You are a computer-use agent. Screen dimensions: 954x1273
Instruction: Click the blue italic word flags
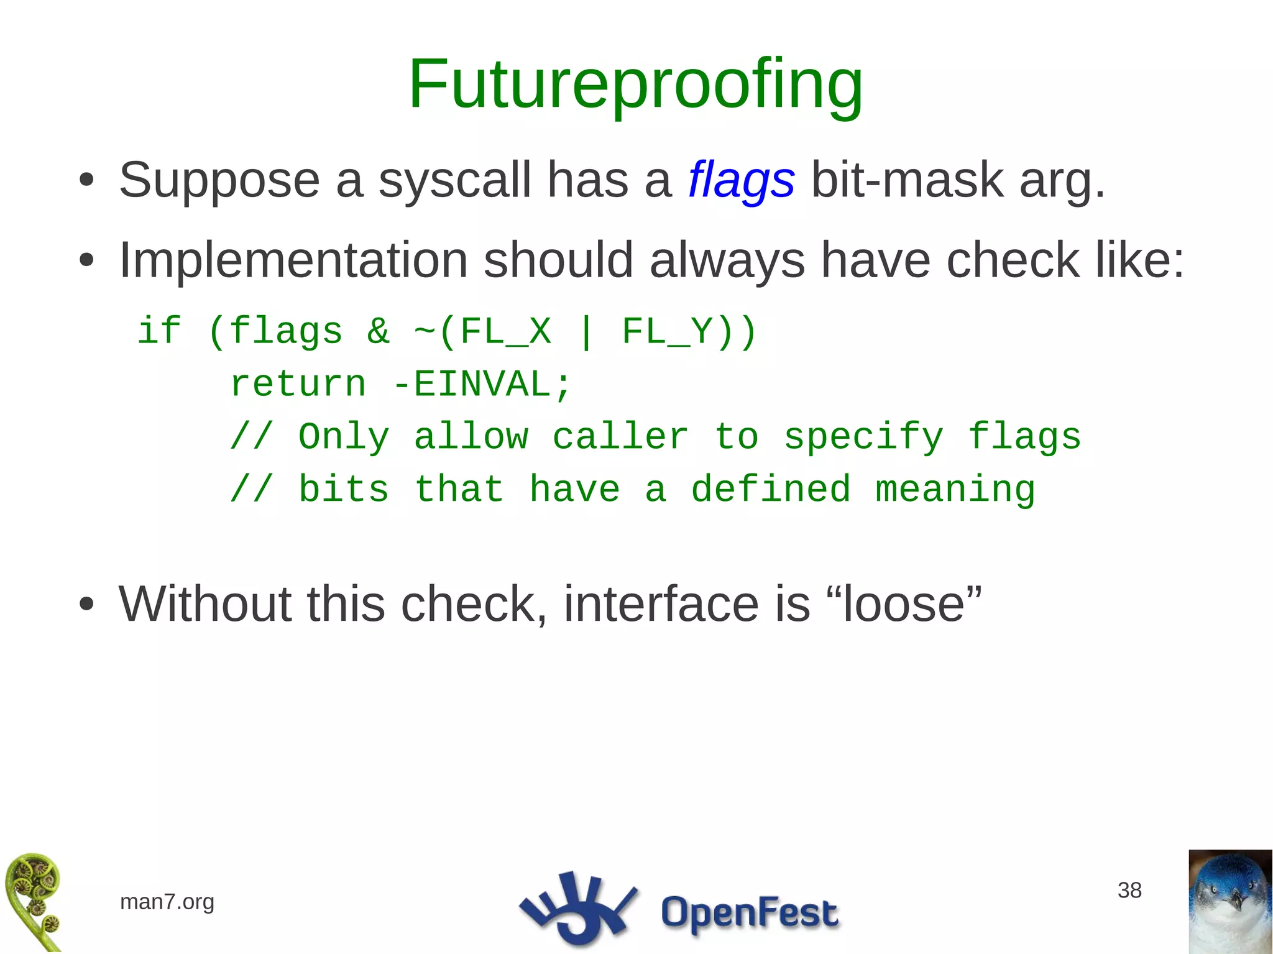pos(741,180)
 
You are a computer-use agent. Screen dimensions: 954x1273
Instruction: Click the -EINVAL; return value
pos(482,383)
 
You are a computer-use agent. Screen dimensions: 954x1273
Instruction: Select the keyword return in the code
pos(298,383)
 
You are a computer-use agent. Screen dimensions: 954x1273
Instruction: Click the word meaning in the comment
pos(955,489)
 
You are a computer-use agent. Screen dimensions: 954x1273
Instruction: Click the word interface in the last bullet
pos(661,604)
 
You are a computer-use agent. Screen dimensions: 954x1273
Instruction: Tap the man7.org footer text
pos(167,901)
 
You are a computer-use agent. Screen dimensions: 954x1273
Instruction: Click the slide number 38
pos(1129,890)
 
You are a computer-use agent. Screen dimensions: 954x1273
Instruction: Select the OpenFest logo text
pos(749,912)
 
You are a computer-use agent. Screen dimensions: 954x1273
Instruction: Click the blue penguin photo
pos(1229,901)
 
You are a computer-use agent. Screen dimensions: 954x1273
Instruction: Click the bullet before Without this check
pos(86,604)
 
